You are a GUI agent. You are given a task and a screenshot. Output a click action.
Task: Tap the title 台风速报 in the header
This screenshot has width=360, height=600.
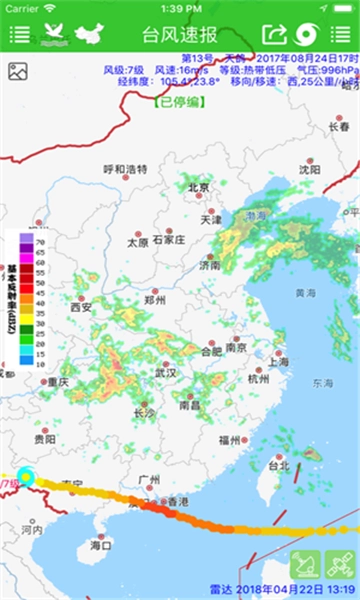click(x=180, y=34)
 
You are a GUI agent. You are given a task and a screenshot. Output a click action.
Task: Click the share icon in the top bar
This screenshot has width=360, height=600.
click(x=274, y=34)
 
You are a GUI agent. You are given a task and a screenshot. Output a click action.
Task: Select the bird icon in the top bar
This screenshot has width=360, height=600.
click(x=55, y=34)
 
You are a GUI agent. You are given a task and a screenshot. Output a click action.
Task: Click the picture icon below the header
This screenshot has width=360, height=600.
click(x=17, y=71)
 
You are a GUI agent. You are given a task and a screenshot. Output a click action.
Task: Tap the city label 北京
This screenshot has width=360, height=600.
click(x=198, y=188)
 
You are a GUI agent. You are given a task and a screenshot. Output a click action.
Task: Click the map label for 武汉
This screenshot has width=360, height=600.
click(x=165, y=373)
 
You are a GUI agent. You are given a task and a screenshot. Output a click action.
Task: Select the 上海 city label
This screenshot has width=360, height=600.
click(x=278, y=362)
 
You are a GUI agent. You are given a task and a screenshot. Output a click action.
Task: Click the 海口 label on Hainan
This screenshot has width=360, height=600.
click(x=100, y=545)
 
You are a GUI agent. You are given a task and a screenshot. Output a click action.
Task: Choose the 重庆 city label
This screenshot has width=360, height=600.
click(x=57, y=382)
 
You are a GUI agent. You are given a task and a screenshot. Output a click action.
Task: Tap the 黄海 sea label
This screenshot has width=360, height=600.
click(x=305, y=293)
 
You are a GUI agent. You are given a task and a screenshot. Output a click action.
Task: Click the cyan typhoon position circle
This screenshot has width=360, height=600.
click(x=26, y=478)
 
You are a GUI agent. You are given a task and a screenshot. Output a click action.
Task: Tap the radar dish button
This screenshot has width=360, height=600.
click(x=306, y=565)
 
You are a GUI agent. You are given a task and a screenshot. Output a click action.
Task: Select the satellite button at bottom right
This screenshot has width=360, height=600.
click(x=340, y=565)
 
